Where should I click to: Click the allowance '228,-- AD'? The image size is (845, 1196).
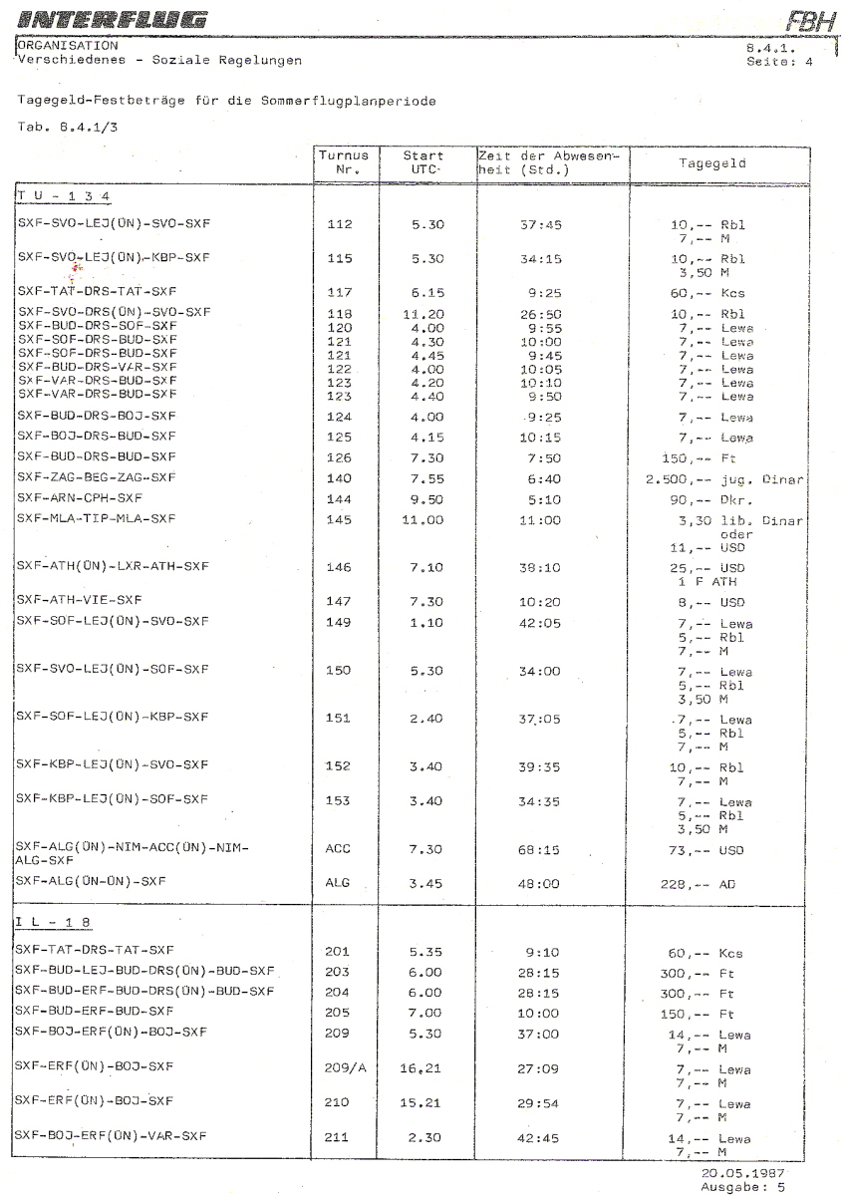pos(697,883)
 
